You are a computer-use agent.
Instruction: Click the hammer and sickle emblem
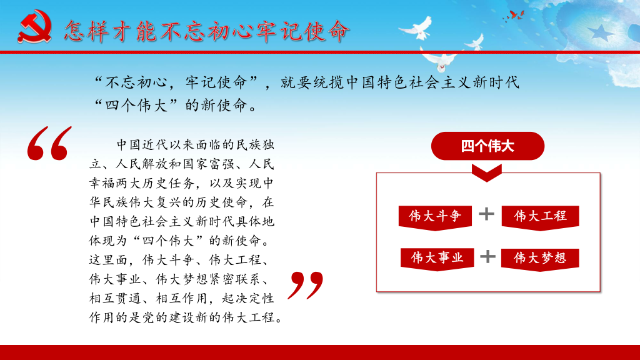[x=35, y=26]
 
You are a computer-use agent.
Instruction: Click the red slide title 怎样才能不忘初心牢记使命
[x=206, y=31]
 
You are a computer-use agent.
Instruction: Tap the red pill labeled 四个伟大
[x=487, y=146]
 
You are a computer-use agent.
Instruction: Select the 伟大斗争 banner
[x=435, y=217]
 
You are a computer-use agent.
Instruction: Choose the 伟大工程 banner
[x=540, y=217]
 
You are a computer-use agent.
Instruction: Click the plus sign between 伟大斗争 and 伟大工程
[x=486, y=214]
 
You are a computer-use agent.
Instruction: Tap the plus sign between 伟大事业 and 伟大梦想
[x=487, y=257]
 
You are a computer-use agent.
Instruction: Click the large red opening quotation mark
[x=49, y=143]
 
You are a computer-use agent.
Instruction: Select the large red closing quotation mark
[x=305, y=285]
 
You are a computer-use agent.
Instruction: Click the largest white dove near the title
[x=417, y=29]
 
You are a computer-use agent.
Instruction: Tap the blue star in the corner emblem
[x=600, y=32]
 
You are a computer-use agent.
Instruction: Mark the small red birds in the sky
[x=514, y=16]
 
